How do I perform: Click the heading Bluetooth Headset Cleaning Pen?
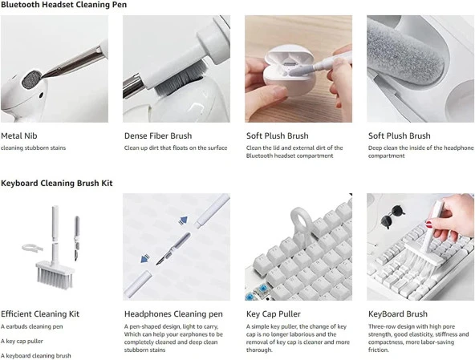click(x=63, y=5)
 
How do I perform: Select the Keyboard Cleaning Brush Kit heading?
click(x=57, y=183)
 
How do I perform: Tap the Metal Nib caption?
click(x=19, y=136)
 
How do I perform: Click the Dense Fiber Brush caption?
click(x=158, y=136)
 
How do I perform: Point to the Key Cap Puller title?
click(x=274, y=314)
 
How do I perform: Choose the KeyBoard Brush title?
click(x=398, y=314)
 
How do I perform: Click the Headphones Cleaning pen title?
click(x=173, y=314)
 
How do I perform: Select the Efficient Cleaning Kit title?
click(x=40, y=314)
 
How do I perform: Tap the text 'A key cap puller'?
click(x=22, y=342)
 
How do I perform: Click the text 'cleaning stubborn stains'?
click(x=34, y=148)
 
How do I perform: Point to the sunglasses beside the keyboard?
click(x=392, y=216)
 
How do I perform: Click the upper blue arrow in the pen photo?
click(x=183, y=220)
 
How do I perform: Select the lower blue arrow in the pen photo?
click(x=145, y=258)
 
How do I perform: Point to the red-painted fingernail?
click(x=429, y=224)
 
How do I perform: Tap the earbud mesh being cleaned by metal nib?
click(x=31, y=79)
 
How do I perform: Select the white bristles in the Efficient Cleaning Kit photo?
click(x=55, y=278)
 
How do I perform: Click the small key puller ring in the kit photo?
click(x=32, y=248)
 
